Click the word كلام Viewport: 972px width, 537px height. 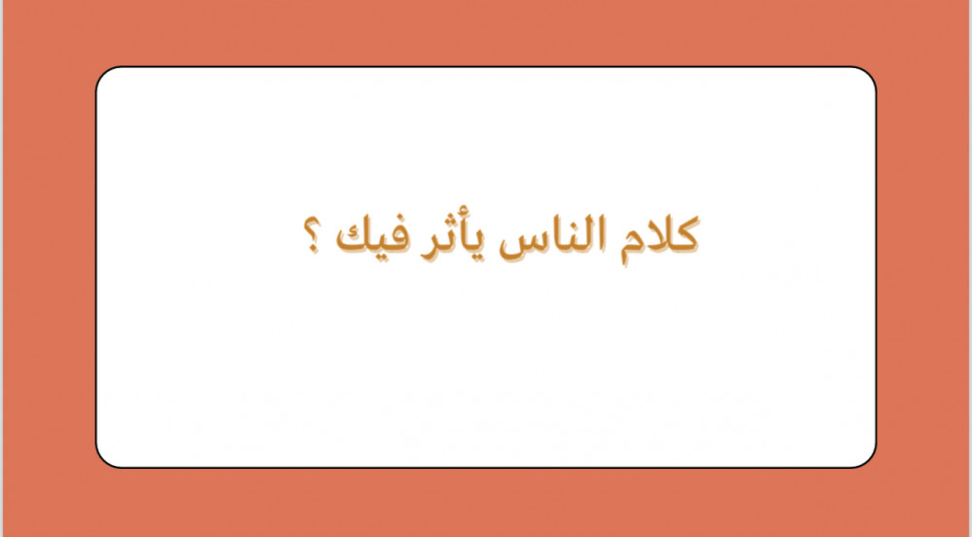[659, 238]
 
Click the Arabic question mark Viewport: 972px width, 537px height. [312, 235]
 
